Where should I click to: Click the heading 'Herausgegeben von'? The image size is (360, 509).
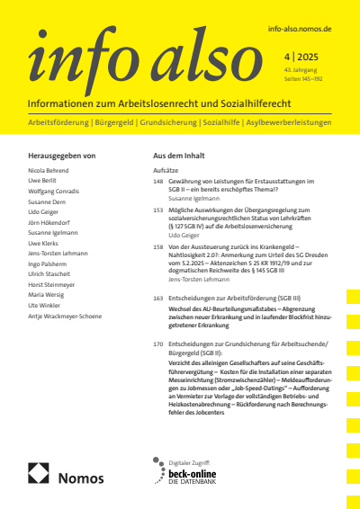tap(63, 156)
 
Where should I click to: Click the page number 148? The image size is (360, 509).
tap(158, 181)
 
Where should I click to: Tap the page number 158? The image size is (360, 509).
tap(158, 246)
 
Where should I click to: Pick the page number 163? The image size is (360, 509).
tap(158, 297)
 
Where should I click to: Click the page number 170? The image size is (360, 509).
tap(158, 344)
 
